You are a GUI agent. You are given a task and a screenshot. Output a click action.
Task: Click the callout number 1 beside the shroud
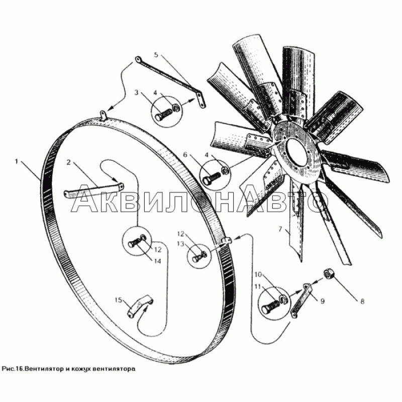tap(17, 162)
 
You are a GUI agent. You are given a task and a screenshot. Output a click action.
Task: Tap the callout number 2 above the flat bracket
tap(68, 162)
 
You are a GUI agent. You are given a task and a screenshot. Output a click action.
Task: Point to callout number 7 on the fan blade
tap(280, 229)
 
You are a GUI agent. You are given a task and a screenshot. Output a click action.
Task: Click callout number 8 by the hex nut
tap(362, 301)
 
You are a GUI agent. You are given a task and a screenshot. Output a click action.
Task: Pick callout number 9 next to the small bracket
tap(323, 300)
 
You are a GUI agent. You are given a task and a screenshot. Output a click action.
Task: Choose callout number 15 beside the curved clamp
tap(119, 300)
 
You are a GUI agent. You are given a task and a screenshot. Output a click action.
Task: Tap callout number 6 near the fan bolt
tap(185, 155)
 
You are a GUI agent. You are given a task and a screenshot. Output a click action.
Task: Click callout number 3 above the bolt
tap(136, 92)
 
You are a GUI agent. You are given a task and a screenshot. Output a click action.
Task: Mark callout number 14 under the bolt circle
tap(157, 261)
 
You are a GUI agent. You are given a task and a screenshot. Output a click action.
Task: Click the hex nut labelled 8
tap(328, 274)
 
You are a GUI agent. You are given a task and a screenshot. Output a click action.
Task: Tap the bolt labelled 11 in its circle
tap(270, 306)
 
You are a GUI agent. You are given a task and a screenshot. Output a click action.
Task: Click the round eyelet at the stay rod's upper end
tap(138, 60)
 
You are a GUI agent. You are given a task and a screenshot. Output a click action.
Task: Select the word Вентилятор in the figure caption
tap(41, 369)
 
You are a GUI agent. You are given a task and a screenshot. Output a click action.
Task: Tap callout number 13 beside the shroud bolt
tap(181, 244)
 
